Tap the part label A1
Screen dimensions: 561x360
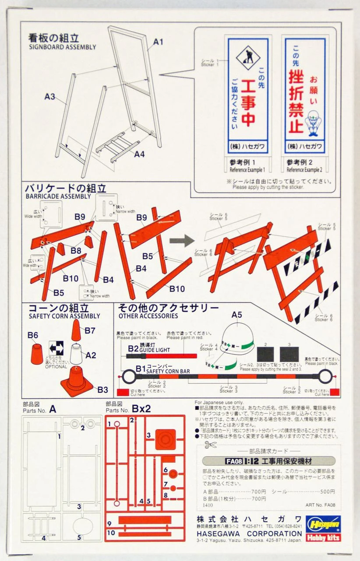[158, 42]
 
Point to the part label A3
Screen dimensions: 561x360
[49, 96]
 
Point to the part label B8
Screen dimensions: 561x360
[76, 251]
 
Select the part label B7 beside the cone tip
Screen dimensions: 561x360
[90, 330]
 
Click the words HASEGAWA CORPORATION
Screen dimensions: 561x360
[249, 533]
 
